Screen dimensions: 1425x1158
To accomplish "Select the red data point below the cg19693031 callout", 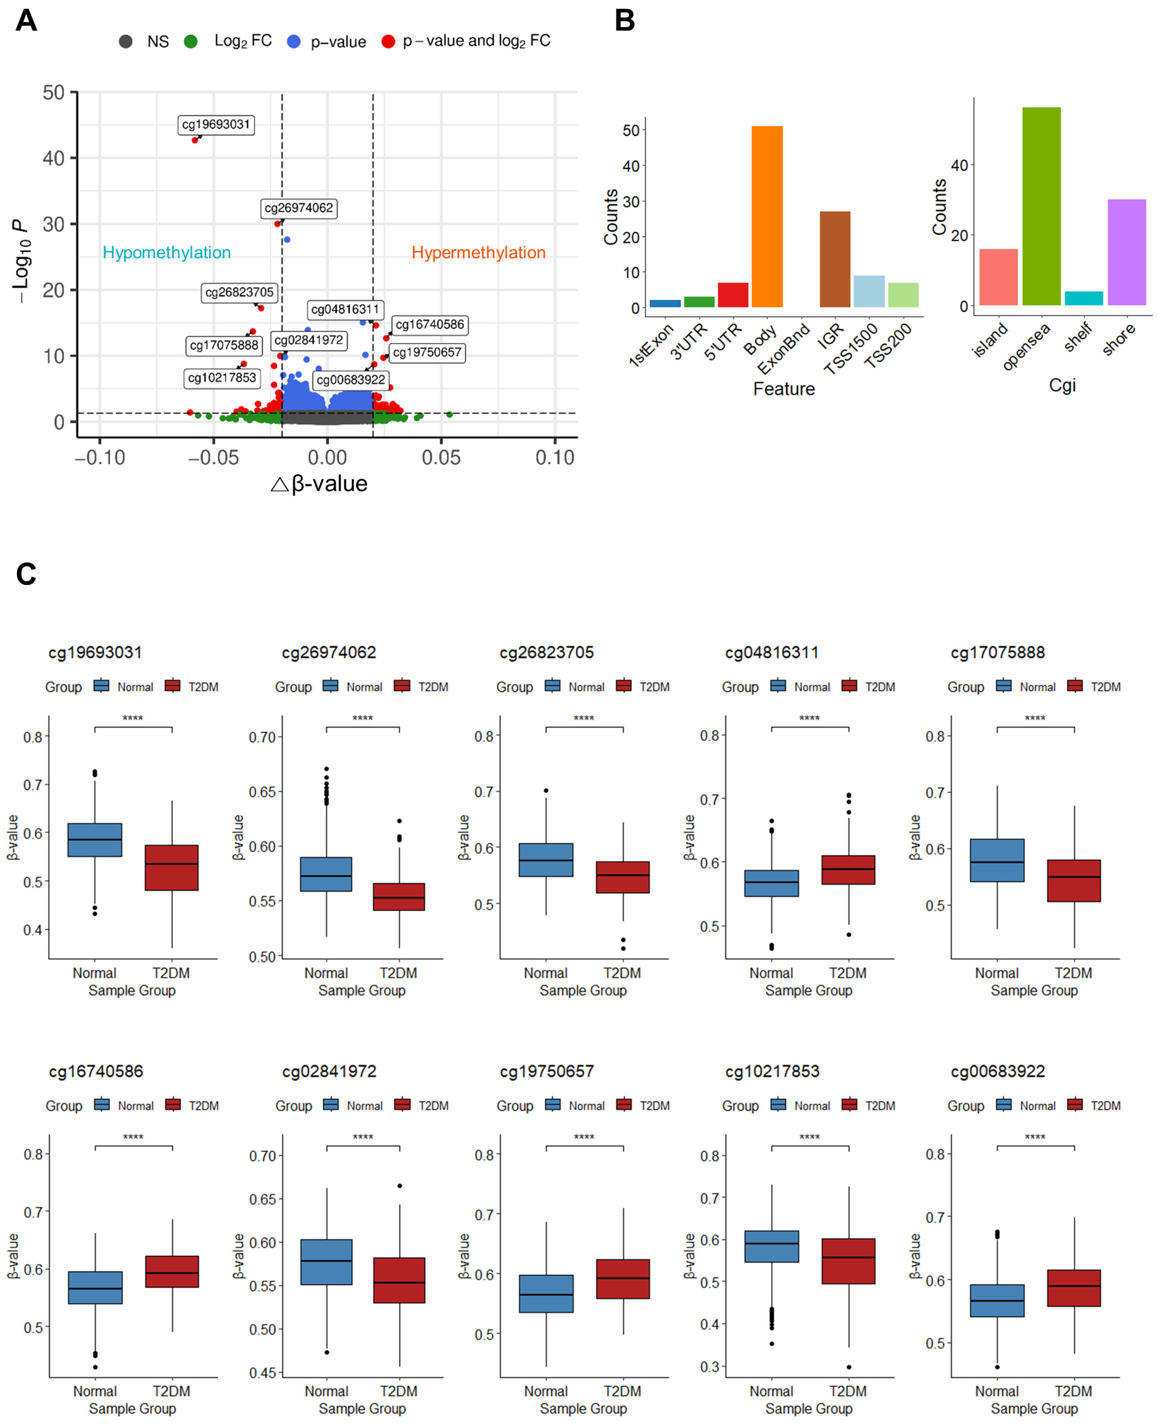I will tap(195, 140).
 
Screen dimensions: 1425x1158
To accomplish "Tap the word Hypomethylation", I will tap(166, 253).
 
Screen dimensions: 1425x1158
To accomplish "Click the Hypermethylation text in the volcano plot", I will tap(478, 253).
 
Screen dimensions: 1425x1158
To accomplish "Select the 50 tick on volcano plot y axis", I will tap(53, 93).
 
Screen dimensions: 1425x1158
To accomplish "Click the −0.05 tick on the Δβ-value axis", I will tap(214, 457).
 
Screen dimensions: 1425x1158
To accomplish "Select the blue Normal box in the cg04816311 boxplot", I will tap(771, 883).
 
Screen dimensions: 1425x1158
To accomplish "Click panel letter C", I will tap(26, 574).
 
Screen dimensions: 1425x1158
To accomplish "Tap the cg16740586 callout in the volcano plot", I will tap(430, 325).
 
